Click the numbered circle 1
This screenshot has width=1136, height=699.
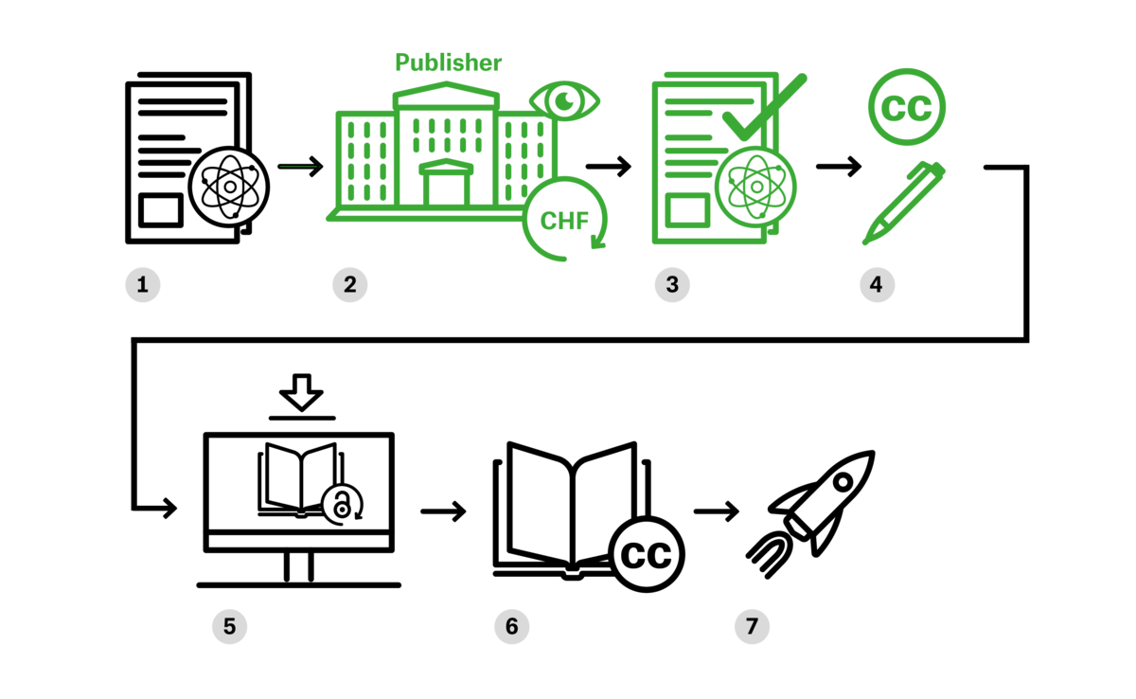143,284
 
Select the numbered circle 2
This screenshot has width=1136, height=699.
349,284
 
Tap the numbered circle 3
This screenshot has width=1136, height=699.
672,284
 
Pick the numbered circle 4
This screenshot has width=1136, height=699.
877,284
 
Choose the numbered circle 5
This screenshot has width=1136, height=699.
229,626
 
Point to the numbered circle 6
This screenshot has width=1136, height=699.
511,626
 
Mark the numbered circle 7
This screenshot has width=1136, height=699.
752,626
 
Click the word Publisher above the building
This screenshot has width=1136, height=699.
448,63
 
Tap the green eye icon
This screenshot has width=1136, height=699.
564,100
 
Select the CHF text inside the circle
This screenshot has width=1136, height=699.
564,221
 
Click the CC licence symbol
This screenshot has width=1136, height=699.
906,107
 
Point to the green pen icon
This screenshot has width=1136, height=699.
904,203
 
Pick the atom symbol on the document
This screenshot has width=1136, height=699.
755,187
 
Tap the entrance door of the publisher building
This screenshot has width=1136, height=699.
446,188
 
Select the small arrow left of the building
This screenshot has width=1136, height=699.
299,167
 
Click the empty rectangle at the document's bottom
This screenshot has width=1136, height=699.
687,210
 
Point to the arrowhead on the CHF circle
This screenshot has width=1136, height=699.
597,243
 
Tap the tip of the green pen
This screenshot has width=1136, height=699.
865,242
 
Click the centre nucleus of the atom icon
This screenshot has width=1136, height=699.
755,187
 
